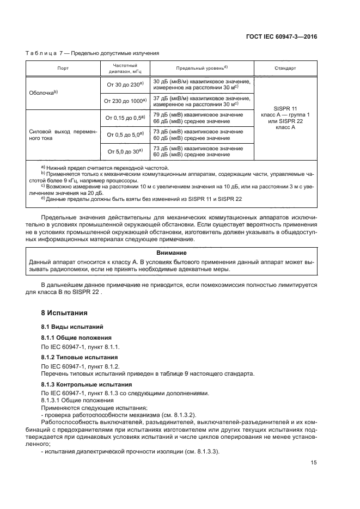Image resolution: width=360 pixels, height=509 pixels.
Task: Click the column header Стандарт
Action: coord(286,69)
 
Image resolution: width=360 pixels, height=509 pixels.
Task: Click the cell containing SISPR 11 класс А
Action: coord(286,118)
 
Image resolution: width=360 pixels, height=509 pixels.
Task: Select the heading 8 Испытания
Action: coord(60,313)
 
